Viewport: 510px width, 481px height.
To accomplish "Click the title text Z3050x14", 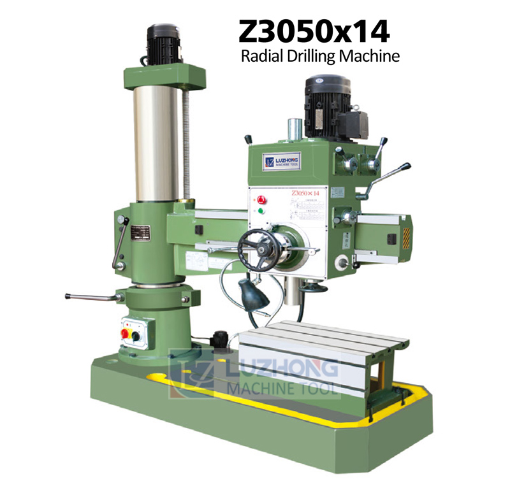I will (313, 31).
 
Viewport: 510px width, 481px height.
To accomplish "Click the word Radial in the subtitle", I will (258, 57).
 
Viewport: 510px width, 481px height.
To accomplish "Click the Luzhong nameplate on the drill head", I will (281, 161).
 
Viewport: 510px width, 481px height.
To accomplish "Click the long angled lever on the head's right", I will (388, 175).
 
